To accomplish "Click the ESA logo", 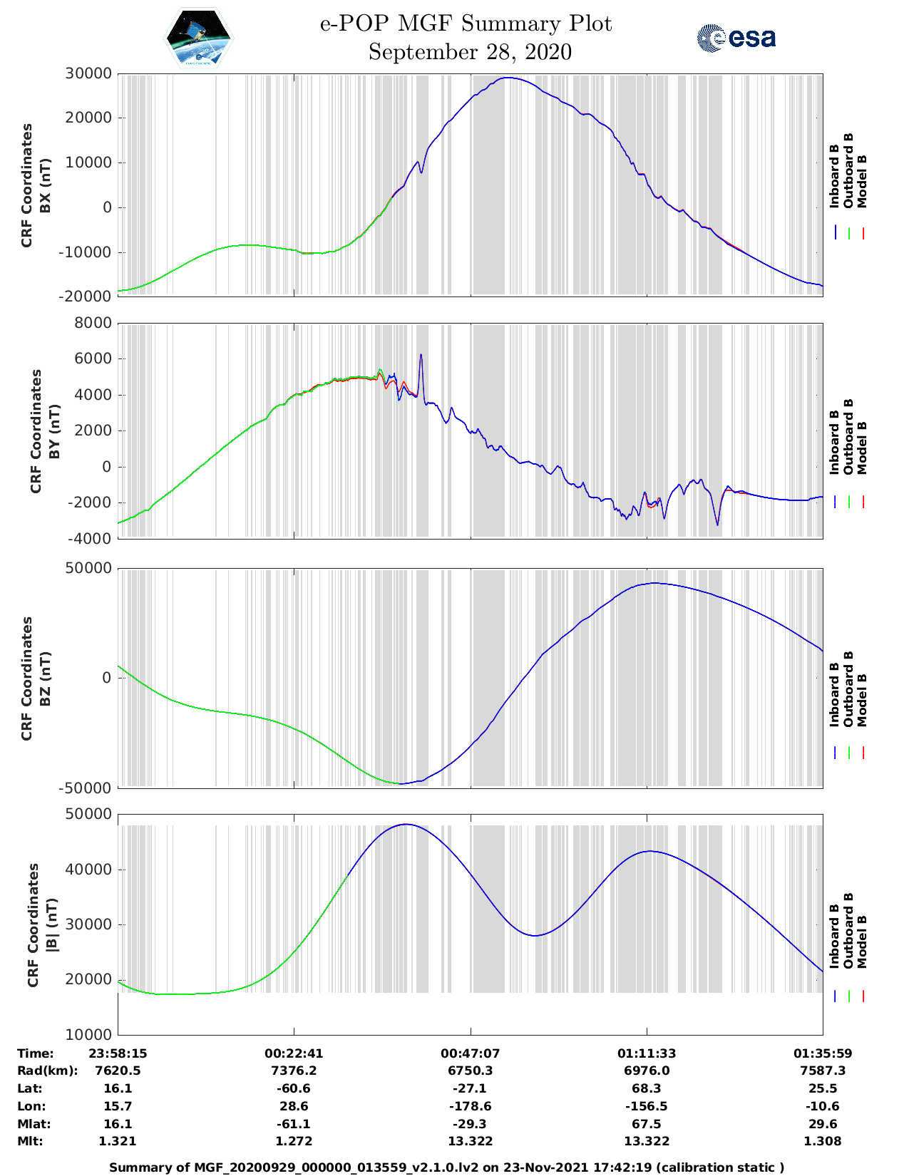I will pyautogui.click(x=736, y=38).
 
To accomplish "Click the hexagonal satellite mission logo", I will pyautogui.click(x=199, y=38).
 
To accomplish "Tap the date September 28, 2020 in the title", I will pyautogui.click(x=470, y=52).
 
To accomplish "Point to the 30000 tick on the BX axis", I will pyautogui.click(x=88, y=73).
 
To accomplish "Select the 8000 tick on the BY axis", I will pyautogui.click(x=93, y=323).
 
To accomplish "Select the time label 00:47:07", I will pyautogui.click(x=470, y=1053).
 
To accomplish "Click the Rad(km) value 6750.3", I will pyautogui.click(x=470, y=1071).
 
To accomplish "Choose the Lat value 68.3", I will pyautogui.click(x=647, y=1088).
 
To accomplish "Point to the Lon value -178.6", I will pyautogui.click(x=470, y=1106).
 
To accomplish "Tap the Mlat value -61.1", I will pyautogui.click(x=294, y=1124).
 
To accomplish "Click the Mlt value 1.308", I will pyautogui.click(x=823, y=1141).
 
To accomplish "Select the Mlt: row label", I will pyautogui.click(x=30, y=1141).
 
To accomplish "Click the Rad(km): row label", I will pyautogui.click(x=47, y=1071).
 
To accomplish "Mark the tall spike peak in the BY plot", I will pyautogui.click(x=421, y=354).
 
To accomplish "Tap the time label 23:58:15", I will pyautogui.click(x=118, y=1053).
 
